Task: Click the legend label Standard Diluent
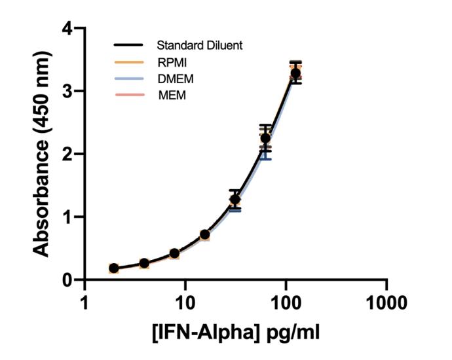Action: [x=200, y=46]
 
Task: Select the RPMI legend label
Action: [x=172, y=63]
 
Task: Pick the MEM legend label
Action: [x=170, y=96]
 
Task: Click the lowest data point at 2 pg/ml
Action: [x=114, y=268]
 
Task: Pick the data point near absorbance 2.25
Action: [x=265, y=138]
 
